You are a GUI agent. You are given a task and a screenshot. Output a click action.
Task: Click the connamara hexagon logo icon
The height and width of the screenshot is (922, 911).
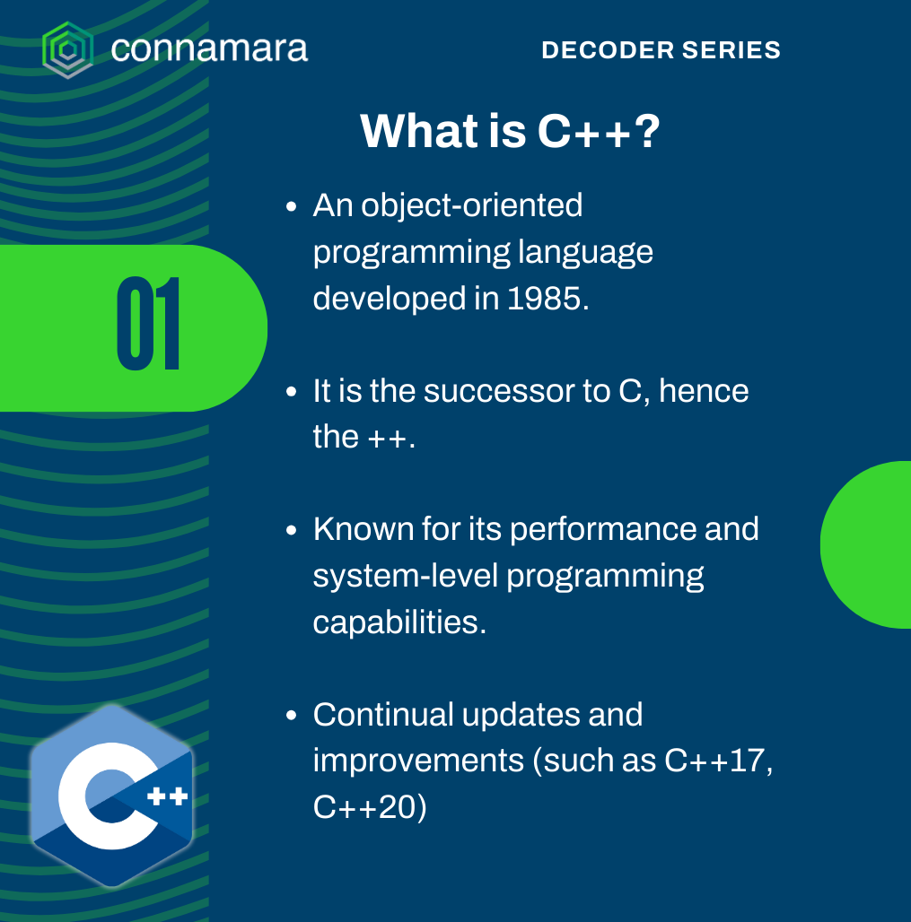67,50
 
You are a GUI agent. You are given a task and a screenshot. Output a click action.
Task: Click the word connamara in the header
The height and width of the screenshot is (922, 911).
209,48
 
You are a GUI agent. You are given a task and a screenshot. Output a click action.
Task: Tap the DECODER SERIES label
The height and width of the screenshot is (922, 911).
661,50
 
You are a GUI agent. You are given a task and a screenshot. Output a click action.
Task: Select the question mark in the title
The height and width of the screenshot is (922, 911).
647,131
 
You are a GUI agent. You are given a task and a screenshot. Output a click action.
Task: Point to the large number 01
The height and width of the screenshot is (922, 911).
148,324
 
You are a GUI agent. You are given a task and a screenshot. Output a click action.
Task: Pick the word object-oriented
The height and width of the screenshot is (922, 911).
471,205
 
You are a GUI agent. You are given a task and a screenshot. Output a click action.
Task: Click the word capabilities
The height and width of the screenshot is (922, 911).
399,622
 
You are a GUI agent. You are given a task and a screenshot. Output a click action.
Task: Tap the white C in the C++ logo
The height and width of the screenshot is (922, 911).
100,796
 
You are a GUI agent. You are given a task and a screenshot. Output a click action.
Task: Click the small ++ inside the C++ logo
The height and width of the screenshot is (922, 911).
167,796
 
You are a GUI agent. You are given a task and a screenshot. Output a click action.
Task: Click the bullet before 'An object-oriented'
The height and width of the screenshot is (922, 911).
291,207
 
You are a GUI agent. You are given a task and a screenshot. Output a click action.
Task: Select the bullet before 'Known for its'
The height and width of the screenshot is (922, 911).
291,530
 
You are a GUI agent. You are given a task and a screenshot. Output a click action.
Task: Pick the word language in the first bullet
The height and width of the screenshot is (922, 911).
585,254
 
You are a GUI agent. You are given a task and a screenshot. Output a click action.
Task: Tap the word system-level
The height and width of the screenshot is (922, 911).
406,576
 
